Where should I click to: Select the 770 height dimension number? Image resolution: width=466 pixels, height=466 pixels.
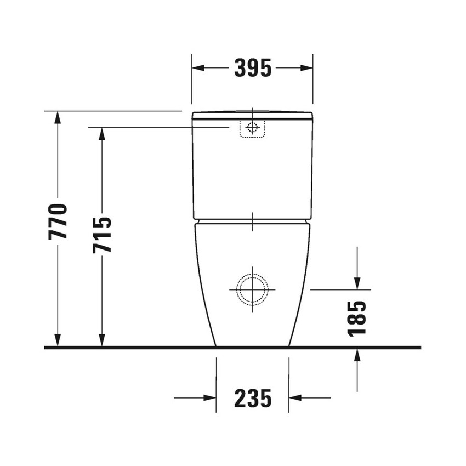[x=58, y=221]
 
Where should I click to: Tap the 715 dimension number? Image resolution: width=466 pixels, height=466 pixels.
[x=102, y=234]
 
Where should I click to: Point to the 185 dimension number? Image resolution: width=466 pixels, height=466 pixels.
[x=357, y=318]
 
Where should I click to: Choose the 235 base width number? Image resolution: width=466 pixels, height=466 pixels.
[x=253, y=398]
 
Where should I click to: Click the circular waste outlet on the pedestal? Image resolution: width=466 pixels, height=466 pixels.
[x=252, y=288]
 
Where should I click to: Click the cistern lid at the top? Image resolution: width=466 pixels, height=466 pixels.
[x=252, y=115]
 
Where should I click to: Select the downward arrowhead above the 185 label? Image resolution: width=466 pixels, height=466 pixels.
[x=357, y=282]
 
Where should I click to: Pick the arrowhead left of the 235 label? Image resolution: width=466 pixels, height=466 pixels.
[x=209, y=398]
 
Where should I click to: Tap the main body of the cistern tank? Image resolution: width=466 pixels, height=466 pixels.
[x=252, y=170]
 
